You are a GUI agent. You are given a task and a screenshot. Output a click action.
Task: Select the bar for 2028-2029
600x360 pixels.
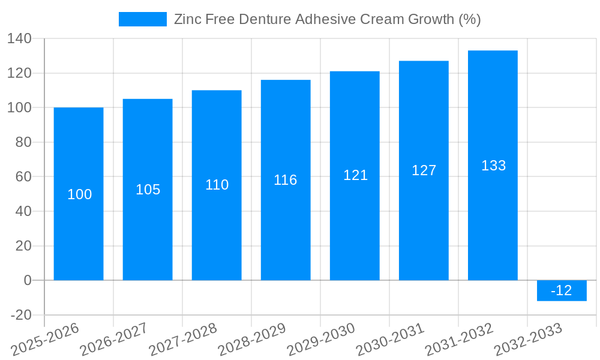click(286, 228)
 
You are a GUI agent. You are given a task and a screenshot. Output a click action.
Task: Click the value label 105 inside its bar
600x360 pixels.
click(148, 190)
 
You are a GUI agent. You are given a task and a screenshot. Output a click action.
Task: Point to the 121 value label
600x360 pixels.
click(355, 175)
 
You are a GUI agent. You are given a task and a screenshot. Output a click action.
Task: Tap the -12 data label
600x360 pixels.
click(561, 291)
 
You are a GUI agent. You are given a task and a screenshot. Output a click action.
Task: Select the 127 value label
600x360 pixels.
click(424, 170)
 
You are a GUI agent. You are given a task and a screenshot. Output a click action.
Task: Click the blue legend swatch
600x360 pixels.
click(143, 19)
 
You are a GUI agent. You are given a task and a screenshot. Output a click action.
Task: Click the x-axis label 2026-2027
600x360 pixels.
click(113, 339)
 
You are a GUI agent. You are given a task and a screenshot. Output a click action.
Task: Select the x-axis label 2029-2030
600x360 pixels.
click(320, 339)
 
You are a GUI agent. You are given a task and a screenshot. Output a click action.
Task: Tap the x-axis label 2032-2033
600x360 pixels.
click(527, 339)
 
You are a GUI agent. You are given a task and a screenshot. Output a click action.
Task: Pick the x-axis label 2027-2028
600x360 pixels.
click(182, 339)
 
